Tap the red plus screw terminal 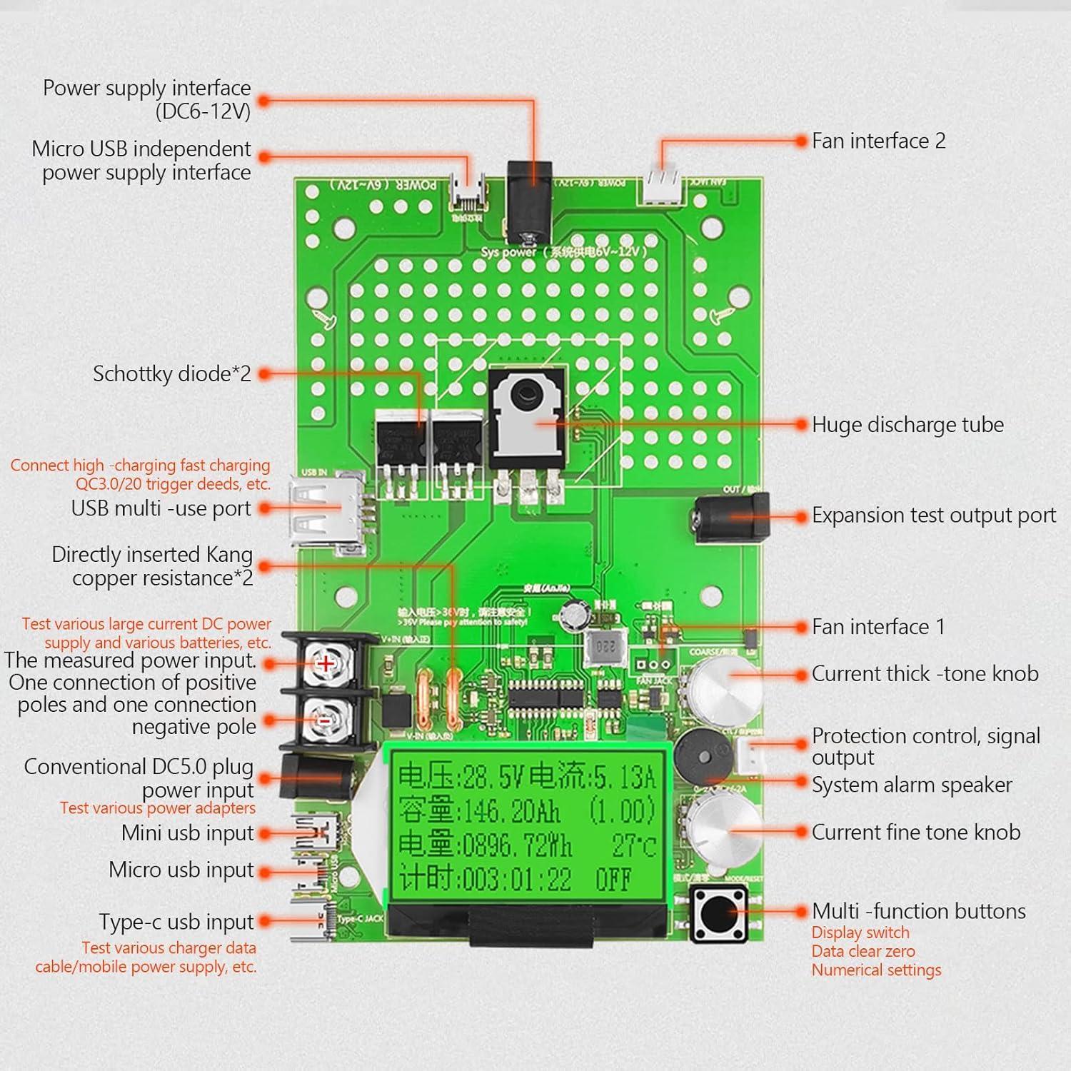point(326,663)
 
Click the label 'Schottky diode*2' point(172,373)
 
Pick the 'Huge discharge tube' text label point(907,425)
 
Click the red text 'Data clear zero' point(863,951)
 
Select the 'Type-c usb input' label point(176,922)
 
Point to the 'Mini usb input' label point(187,833)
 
